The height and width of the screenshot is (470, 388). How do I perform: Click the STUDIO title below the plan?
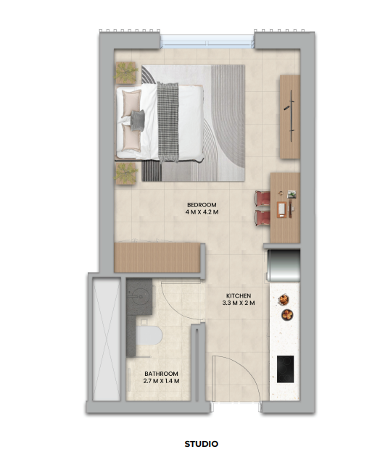[201, 444]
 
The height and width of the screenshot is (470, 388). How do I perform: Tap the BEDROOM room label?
[202, 205]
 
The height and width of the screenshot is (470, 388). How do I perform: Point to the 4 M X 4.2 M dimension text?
[202, 212]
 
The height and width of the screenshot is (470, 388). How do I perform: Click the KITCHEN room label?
[239, 295]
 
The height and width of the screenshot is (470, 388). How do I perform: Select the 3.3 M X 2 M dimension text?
[239, 303]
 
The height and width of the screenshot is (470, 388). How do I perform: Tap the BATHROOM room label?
[161, 374]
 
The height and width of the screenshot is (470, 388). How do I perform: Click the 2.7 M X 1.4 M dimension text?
[161, 381]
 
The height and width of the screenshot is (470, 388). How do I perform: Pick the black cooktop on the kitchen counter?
[285, 369]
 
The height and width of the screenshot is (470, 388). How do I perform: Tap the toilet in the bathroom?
[149, 335]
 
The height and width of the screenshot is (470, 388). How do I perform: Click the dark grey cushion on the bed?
[138, 120]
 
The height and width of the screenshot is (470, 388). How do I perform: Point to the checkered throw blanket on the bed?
[168, 122]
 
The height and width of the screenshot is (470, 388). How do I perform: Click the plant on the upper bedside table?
[126, 73]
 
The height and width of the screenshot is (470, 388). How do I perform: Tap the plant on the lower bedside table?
[126, 174]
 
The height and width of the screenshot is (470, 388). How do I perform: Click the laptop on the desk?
[282, 209]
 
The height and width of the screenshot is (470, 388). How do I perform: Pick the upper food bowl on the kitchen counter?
[284, 300]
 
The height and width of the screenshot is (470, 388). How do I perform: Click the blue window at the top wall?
[207, 41]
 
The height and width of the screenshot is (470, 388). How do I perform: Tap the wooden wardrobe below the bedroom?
[157, 258]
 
